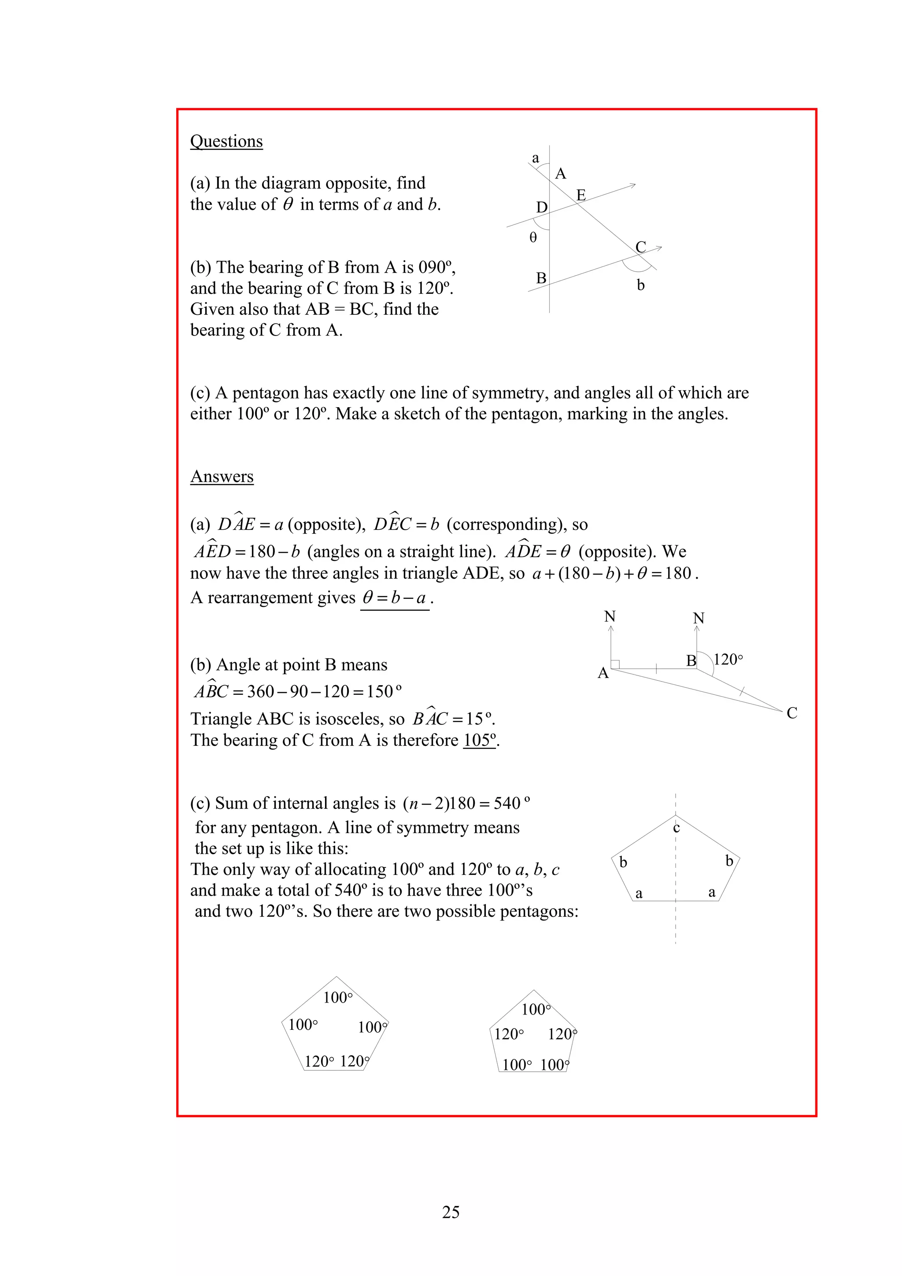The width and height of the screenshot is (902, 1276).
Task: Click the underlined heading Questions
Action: pos(226,141)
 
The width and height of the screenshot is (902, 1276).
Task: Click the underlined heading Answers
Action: pos(222,476)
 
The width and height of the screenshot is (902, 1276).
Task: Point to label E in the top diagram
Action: pos(581,195)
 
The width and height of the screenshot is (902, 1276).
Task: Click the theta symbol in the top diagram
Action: pos(533,238)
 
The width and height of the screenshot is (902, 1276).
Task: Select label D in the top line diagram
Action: pos(541,207)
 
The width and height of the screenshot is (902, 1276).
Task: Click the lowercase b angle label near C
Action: pos(640,286)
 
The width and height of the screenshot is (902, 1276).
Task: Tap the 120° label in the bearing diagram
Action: pos(728,660)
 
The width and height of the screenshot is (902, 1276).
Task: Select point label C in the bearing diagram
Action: pos(792,713)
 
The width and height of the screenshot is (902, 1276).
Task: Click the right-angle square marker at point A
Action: pos(615,664)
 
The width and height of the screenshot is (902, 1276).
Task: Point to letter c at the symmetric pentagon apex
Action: pos(676,828)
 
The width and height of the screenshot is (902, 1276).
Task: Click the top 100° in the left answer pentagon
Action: pos(338,998)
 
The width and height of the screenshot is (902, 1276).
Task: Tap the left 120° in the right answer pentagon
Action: pos(509,1034)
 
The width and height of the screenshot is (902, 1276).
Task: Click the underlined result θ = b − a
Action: pos(395,598)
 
